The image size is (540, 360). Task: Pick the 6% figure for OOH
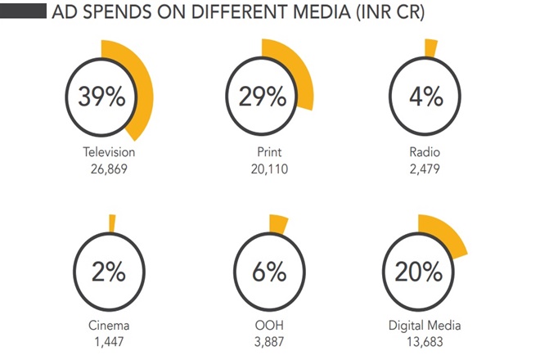[268, 271]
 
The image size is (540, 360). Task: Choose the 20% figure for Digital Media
[426, 271]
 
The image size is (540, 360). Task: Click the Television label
[109, 152]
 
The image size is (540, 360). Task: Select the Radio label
[426, 152]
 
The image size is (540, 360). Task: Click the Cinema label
[109, 326]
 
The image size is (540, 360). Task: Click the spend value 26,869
[109, 169]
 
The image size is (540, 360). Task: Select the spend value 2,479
[426, 169]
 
